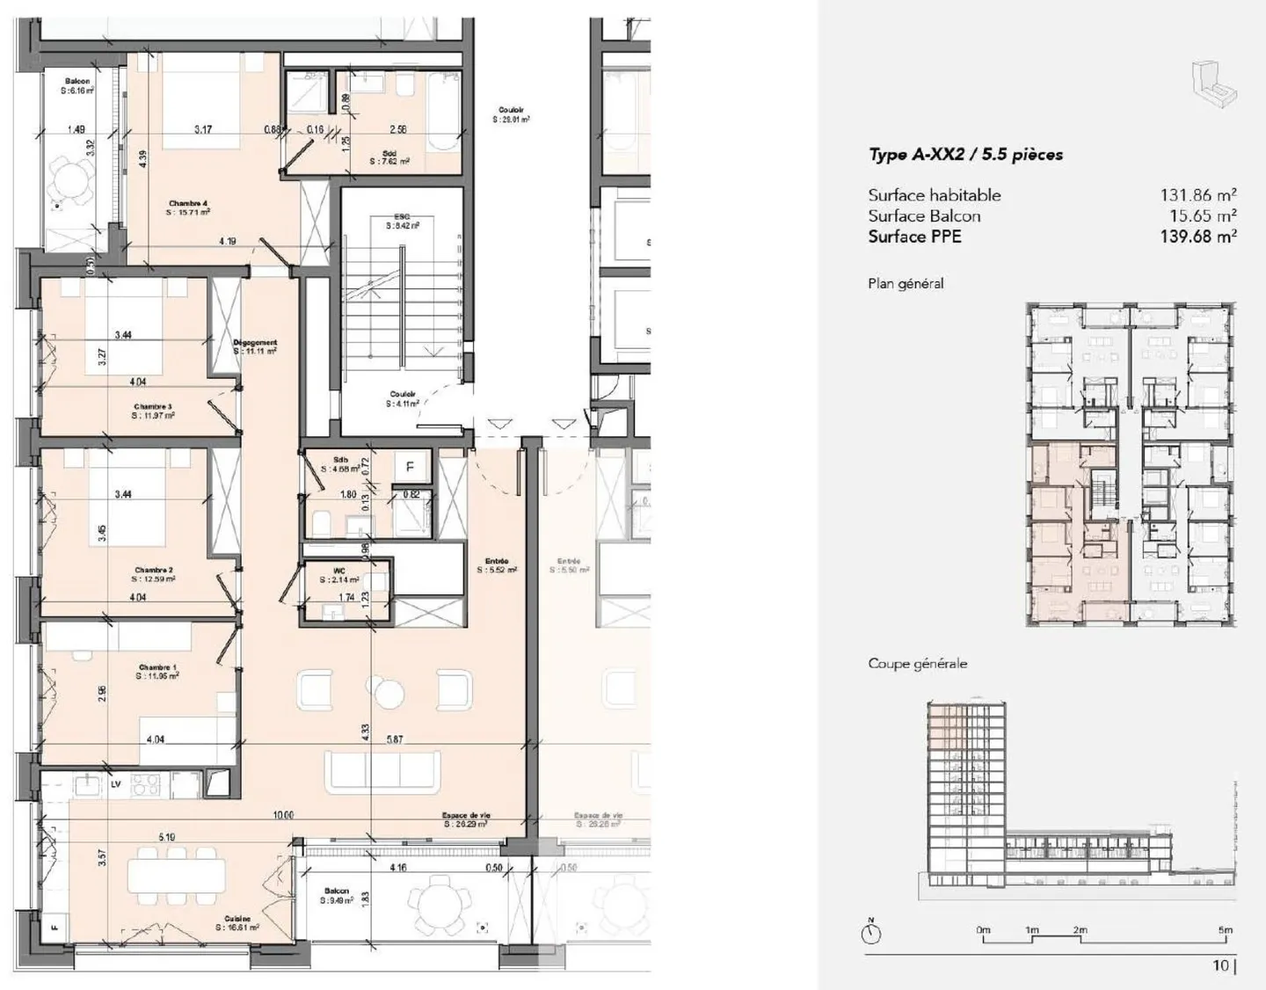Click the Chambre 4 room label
tap(188, 203)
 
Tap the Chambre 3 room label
tap(153, 407)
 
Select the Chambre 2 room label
tap(154, 571)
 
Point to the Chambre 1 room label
tap(157, 668)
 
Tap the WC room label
tap(340, 571)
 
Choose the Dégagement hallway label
tap(255, 343)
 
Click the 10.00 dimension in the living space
tap(282, 815)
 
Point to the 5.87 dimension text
tap(395, 739)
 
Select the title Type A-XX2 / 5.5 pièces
tap(965, 155)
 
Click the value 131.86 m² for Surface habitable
tap(1197, 195)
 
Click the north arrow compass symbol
tap(871, 933)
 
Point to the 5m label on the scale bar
tap(1225, 929)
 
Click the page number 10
tap(1220, 965)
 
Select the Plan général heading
tap(906, 283)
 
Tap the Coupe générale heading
tap(917, 663)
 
